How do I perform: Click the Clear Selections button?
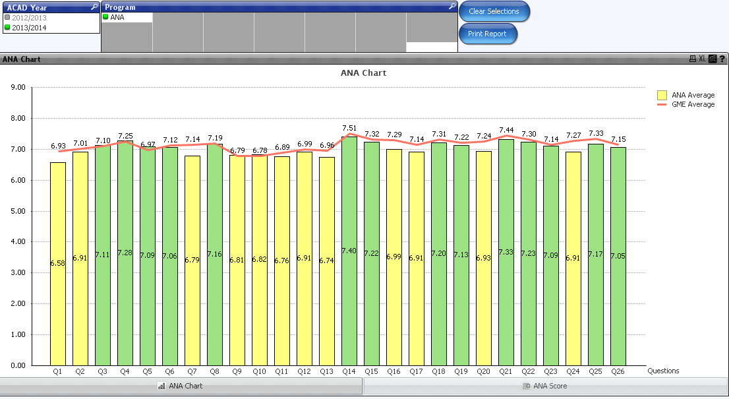tap(494, 11)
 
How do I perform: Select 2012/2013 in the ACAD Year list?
tap(30, 18)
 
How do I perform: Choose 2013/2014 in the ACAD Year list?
tap(30, 28)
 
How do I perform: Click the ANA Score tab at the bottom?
tap(545, 386)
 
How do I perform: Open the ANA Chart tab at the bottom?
tap(181, 386)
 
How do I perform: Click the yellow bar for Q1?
tap(58, 264)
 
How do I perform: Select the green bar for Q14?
tap(349, 297)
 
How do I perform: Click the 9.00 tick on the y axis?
tap(18, 87)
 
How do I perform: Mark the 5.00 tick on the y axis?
tap(18, 211)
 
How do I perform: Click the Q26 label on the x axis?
tap(618, 371)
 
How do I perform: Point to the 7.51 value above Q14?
tap(350, 128)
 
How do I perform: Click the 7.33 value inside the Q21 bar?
tap(506, 252)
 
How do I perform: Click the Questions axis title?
tap(663, 371)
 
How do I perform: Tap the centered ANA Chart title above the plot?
tap(363, 73)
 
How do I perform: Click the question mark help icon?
tap(722, 59)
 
